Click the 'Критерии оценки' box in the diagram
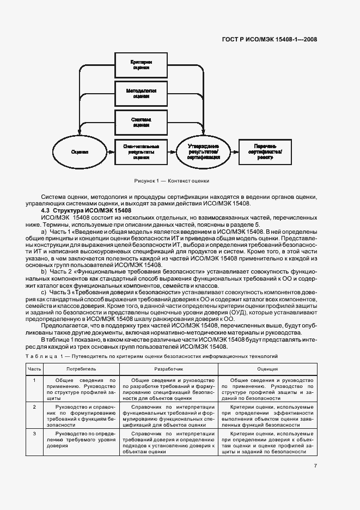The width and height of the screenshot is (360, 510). pyautogui.click(x=141, y=66)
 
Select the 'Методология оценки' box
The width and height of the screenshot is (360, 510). pyautogui.click(x=141, y=93)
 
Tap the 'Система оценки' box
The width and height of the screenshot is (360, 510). pyautogui.click(x=141, y=122)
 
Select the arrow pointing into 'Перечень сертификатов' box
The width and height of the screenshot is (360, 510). pyautogui.click(x=233, y=151)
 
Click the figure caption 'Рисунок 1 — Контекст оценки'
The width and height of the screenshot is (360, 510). pyautogui.click(x=171, y=180)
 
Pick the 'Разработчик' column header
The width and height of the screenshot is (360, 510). pyautogui.click(x=168, y=369)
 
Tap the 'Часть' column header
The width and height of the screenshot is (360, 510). pyautogui.click(x=34, y=369)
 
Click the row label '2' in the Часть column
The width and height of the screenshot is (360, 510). pyautogui.click(x=34, y=407)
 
